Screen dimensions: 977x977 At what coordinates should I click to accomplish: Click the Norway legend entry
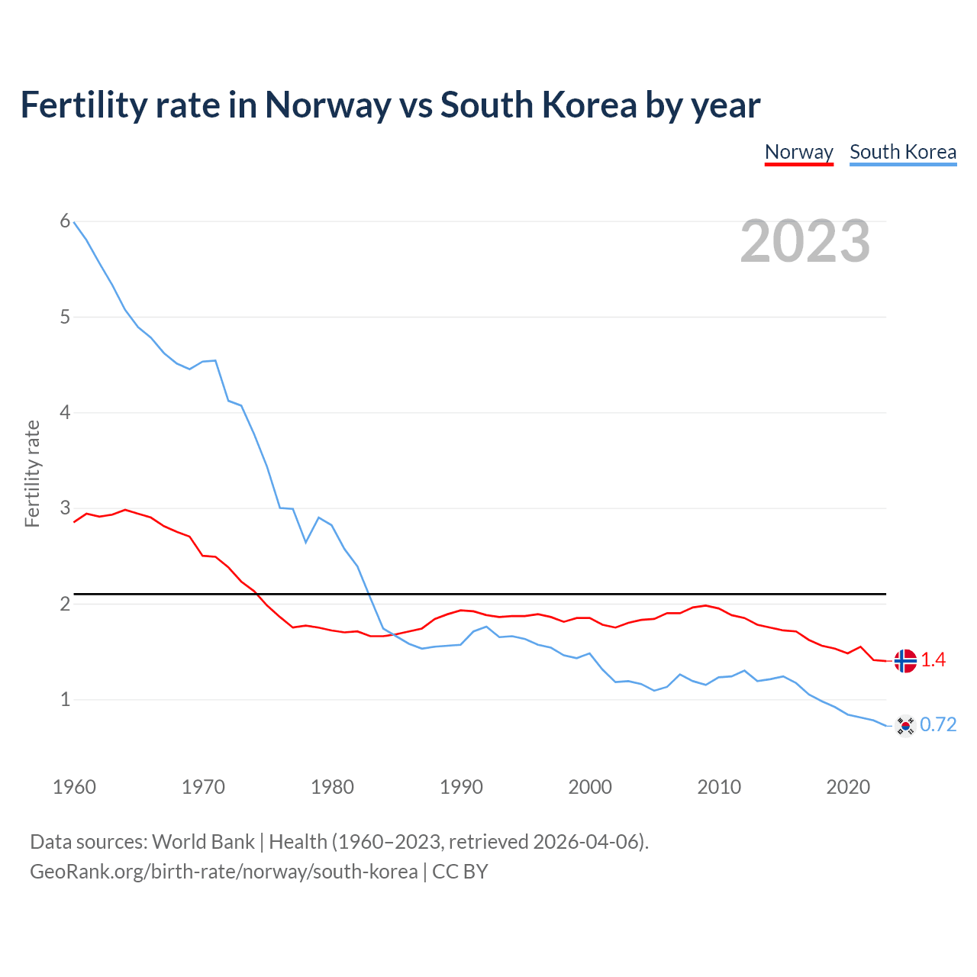[798, 152]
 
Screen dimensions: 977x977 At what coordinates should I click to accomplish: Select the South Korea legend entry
[903, 152]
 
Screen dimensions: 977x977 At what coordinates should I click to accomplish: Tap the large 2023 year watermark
[804, 241]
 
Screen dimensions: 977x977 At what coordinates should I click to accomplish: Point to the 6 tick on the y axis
[65, 221]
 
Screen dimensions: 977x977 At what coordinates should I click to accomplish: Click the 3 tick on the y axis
[65, 508]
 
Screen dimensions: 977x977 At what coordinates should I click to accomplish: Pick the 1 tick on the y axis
[65, 699]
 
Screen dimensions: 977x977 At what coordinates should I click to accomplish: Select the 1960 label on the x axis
[74, 787]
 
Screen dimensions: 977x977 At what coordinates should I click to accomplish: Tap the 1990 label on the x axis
[461, 787]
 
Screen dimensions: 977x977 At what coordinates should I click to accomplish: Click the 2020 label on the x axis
[848, 787]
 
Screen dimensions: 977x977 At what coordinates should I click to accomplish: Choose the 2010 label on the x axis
[719, 787]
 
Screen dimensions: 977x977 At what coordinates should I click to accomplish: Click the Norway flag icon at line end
[905, 661]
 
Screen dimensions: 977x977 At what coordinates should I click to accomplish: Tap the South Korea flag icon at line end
[905, 725]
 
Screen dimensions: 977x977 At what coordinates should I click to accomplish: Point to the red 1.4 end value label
[933, 660]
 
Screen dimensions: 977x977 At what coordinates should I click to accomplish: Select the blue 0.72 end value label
[938, 725]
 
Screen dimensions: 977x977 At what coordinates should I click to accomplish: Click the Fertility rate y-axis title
[32, 473]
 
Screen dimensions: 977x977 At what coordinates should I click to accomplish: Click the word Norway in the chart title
[327, 105]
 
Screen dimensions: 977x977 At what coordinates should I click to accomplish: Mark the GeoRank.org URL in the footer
[224, 872]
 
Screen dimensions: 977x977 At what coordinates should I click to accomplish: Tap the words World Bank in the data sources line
[203, 842]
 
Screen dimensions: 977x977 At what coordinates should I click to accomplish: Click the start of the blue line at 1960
[74, 222]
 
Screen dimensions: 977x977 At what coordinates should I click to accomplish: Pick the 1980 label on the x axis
[332, 787]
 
